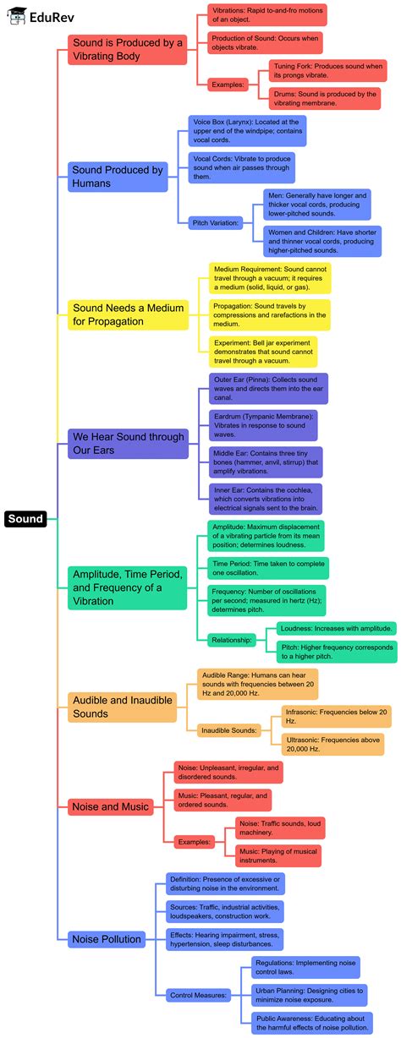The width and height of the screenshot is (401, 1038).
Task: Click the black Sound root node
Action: (x=25, y=519)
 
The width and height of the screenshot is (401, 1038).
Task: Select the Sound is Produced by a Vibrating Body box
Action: (x=126, y=50)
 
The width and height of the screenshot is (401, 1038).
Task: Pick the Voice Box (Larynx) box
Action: (x=246, y=131)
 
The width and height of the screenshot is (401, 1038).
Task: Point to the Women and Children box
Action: (x=316, y=241)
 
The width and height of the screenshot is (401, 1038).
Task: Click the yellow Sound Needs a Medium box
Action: (x=128, y=314)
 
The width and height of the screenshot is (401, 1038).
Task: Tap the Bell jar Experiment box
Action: (x=263, y=351)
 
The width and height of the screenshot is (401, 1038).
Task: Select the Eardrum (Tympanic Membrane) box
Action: (x=263, y=425)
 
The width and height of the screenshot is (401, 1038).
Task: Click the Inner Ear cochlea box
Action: (x=266, y=499)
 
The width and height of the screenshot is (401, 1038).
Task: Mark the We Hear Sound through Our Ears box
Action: (x=128, y=443)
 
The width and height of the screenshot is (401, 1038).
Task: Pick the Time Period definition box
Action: (x=256, y=568)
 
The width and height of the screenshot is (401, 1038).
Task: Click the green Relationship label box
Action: (x=232, y=640)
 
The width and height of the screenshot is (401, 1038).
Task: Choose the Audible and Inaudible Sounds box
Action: (x=122, y=707)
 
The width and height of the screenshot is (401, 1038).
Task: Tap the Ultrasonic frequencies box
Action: (x=334, y=744)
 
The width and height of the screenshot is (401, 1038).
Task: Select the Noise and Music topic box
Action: (x=110, y=806)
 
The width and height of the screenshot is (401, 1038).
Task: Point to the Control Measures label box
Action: (x=198, y=996)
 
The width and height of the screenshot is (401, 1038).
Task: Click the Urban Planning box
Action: (x=310, y=995)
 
